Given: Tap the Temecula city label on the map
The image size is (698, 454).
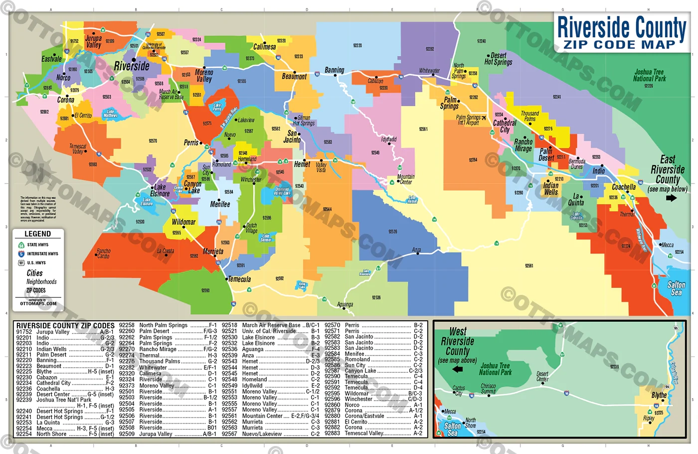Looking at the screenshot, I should click(239, 279).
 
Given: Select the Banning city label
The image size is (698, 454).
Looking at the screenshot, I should click(334, 70).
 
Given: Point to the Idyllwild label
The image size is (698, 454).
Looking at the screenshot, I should click(388, 140).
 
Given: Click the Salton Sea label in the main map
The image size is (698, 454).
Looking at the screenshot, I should click(676, 288).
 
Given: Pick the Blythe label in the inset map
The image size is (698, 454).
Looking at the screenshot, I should click(659, 395).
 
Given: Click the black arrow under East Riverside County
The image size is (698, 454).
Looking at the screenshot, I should click(671, 198).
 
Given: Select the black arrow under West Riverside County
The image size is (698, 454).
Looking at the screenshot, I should click(457, 369).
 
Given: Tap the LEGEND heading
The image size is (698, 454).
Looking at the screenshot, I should click(38, 233).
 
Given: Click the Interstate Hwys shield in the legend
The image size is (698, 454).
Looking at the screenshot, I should click(21, 254).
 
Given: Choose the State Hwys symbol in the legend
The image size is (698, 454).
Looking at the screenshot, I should click(21, 245).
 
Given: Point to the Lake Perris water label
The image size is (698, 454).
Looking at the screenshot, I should click(217, 107).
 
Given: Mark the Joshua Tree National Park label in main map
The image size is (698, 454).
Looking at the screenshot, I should click(649, 75).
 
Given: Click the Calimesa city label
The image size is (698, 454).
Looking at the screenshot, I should click(264, 47).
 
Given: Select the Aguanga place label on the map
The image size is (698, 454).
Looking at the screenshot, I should click(345, 304).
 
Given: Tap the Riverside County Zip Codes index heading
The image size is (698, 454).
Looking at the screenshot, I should click(65, 326).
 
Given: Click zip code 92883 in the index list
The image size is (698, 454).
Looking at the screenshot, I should click(332, 433).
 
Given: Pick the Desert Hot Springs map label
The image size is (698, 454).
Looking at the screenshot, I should click(498, 59).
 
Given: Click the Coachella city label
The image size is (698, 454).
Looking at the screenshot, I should click(624, 187).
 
